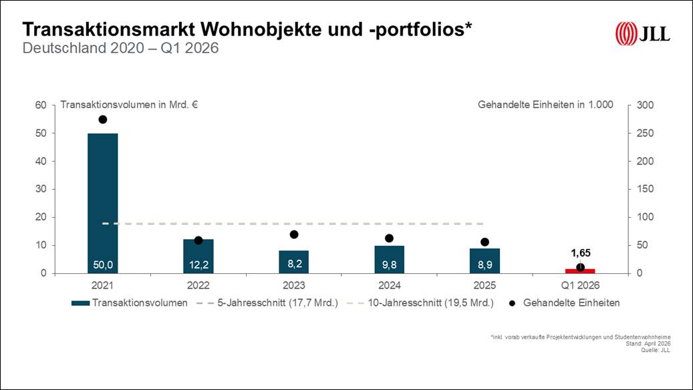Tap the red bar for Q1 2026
[x=580, y=270]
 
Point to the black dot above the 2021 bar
[x=103, y=120]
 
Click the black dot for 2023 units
[x=294, y=234]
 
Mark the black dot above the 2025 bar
[x=484, y=242]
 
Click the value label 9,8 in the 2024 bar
[x=389, y=266]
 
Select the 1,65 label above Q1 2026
[x=580, y=253]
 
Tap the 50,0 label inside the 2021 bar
[x=103, y=266]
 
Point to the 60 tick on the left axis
[x=41, y=105]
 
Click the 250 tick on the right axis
[x=645, y=134]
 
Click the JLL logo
[x=642, y=33]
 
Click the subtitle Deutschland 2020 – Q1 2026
[x=121, y=49]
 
